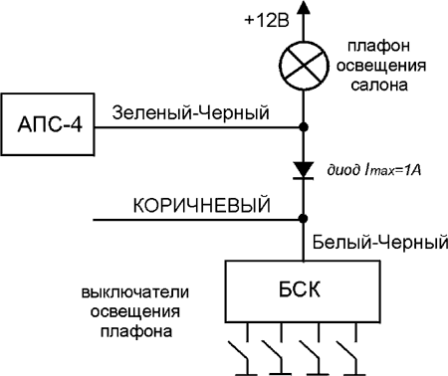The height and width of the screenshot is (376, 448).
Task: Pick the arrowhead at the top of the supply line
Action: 303,9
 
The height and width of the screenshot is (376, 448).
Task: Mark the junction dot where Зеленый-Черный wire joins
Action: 303,126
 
